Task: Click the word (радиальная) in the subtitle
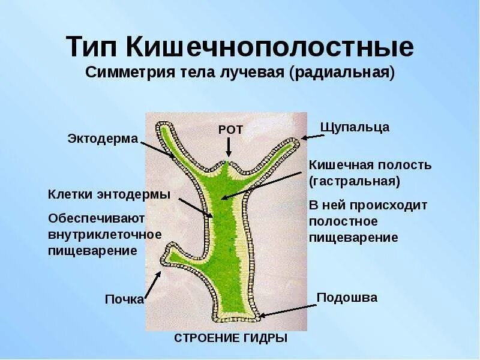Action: [x=342, y=73]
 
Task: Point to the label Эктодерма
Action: [x=102, y=139]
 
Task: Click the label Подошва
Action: [x=347, y=298]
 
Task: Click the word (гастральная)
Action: [x=353, y=180]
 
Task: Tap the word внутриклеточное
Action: [x=104, y=233]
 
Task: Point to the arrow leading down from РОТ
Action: [x=229, y=148]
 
